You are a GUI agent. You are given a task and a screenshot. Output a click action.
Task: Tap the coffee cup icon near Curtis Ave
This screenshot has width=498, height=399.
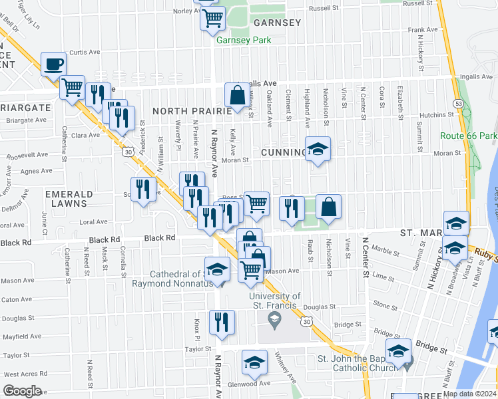54,65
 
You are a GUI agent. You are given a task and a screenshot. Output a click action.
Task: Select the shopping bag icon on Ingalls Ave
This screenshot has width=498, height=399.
238,96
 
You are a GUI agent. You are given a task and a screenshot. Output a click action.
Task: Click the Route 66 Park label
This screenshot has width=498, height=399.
469,136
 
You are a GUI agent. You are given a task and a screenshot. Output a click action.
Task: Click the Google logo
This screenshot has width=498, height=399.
22,391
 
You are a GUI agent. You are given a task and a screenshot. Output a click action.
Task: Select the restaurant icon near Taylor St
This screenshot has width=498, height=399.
222,322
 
